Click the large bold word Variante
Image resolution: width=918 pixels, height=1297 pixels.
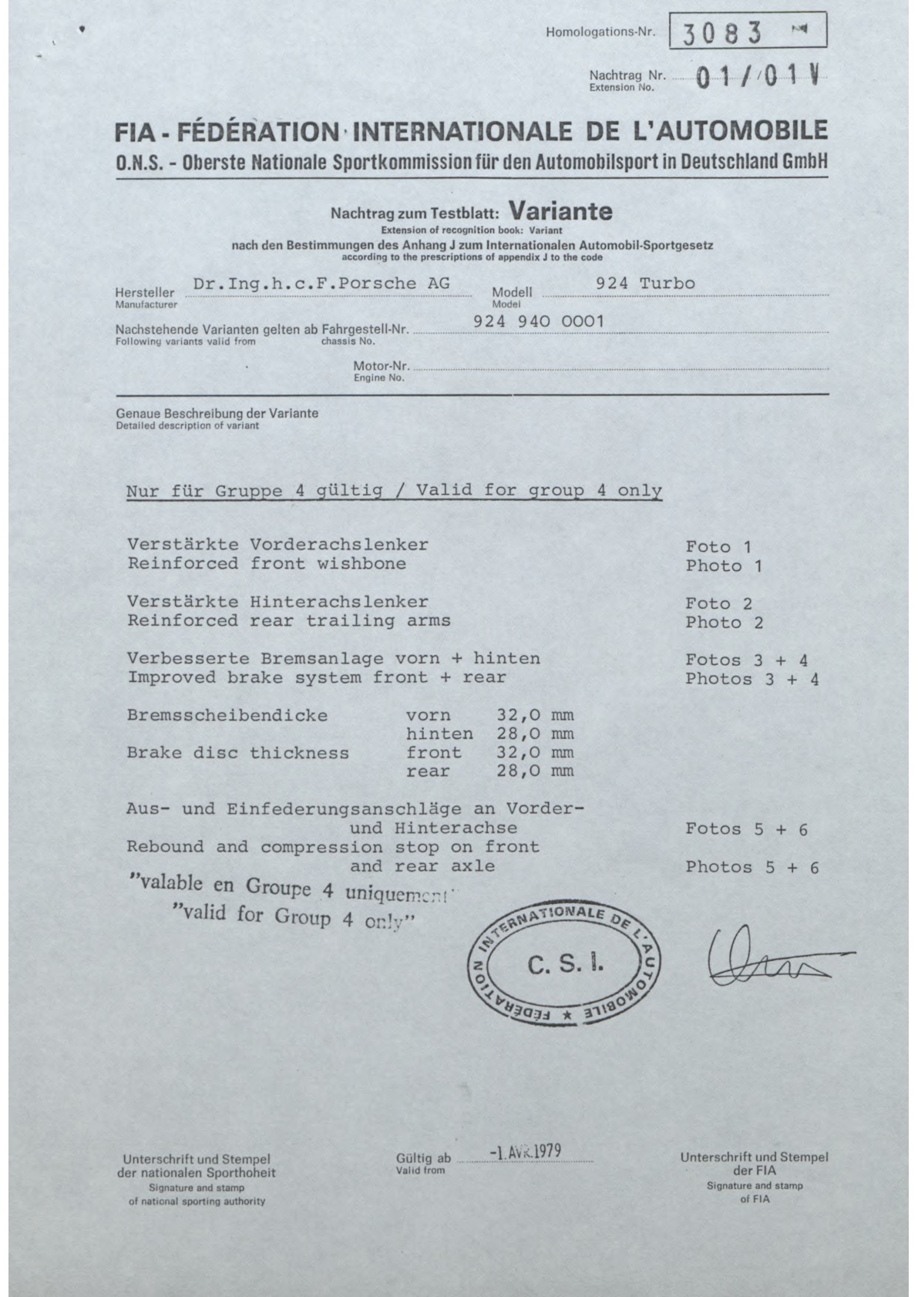pyautogui.click(x=562, y=210)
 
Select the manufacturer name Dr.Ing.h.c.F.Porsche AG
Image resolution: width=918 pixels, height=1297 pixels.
pyautogui.click(x=321, y=284)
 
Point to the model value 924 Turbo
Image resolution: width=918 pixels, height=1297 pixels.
pyautogui.click(x=645, y=284)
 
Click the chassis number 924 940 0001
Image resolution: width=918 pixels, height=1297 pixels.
pyautogui.click(x=539, y=321)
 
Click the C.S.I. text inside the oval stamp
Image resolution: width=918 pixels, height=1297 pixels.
pyautogui.click(x=564, y=963)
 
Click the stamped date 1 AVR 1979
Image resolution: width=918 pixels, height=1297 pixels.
pyautogui.click(x=524, y=1152)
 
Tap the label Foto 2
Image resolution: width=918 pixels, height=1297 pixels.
pyautogui.click(x=718, y=604)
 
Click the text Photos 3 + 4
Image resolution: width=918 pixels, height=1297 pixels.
pyautogui.click(x=752, y=679)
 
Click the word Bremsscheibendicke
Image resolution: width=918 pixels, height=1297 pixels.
pyautogui.click(x=227, y=715)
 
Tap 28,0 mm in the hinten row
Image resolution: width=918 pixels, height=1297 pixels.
pyautogui.click(x=536, y=734)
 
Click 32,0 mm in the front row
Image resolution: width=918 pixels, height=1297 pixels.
pyautogui.click(x=536, y=753)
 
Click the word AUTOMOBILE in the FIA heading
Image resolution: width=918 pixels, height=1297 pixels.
pyautogui.click(x=729, y=132)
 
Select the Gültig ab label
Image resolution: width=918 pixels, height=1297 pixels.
pyautogui.click(x=422, y=1158)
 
